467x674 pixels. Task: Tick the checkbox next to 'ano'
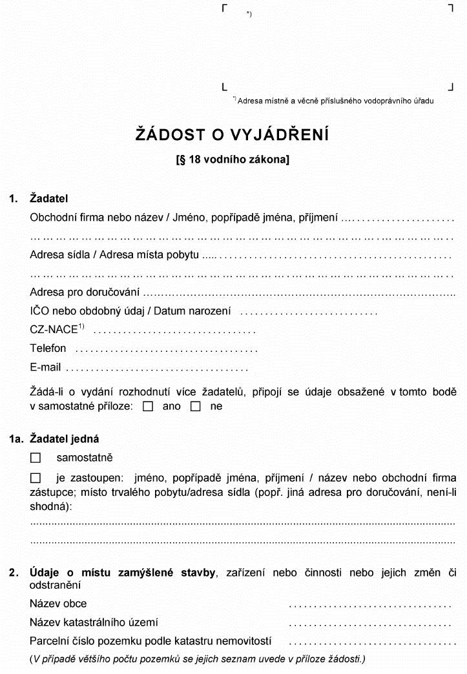(148, 407)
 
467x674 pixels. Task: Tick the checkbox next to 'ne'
(196, 407)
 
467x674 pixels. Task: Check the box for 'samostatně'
(36, 458)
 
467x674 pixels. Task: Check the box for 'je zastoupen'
(36, 478)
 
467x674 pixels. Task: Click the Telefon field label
(48, 348)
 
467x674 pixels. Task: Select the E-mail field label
(45, 367)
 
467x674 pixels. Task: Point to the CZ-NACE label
(55, 329)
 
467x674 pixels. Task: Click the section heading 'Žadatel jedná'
(65, 439)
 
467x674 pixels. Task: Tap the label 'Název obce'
(58, 604)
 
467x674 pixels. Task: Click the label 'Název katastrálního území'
(94, 622)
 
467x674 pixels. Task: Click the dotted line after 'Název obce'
(369, 606)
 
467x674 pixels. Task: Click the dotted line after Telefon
(166, 351)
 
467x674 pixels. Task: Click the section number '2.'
(14, 572)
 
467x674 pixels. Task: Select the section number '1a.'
(16, 439)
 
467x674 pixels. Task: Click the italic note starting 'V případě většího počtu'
(197, 659)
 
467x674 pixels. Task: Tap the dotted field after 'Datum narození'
(308, 313)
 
